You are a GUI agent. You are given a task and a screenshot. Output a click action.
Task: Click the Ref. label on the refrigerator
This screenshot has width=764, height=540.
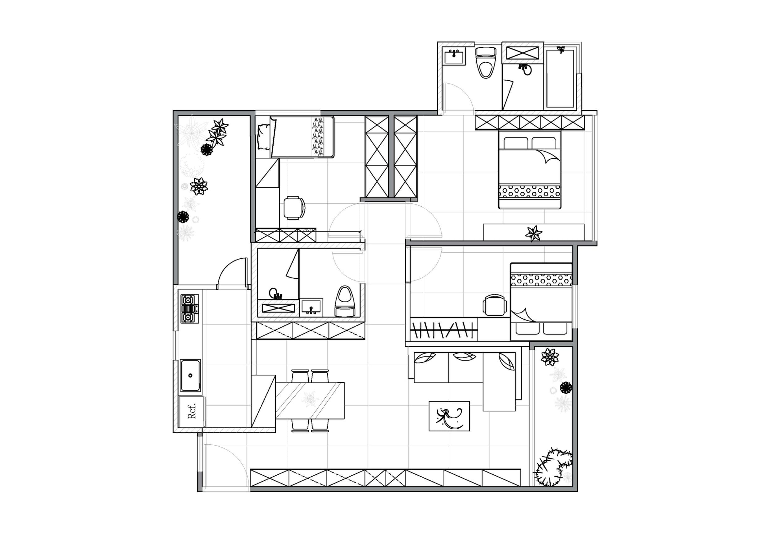point(192,411)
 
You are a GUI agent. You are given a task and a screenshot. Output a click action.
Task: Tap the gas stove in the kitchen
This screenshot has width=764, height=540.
point(189,309)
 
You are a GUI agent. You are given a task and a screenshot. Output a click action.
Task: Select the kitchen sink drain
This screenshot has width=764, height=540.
point(190,375)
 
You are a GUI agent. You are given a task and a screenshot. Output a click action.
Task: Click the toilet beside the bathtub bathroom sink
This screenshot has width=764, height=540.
point(486,62)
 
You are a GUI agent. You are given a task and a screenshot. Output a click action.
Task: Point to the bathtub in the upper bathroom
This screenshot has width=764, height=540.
point(560,78)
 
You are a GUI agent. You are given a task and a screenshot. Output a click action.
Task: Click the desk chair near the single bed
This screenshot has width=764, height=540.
point(294,208)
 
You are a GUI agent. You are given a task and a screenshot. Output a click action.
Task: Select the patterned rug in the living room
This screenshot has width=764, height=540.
point(449,416)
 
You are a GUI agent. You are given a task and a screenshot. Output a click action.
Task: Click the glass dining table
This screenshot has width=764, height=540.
point(310,401)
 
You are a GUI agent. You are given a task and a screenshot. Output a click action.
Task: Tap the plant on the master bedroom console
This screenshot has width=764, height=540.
point(533,233)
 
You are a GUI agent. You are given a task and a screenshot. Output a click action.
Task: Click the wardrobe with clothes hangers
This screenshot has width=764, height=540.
point(444,329)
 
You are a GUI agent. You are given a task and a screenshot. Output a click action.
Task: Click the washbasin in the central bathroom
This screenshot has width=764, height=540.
point(311,307)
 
